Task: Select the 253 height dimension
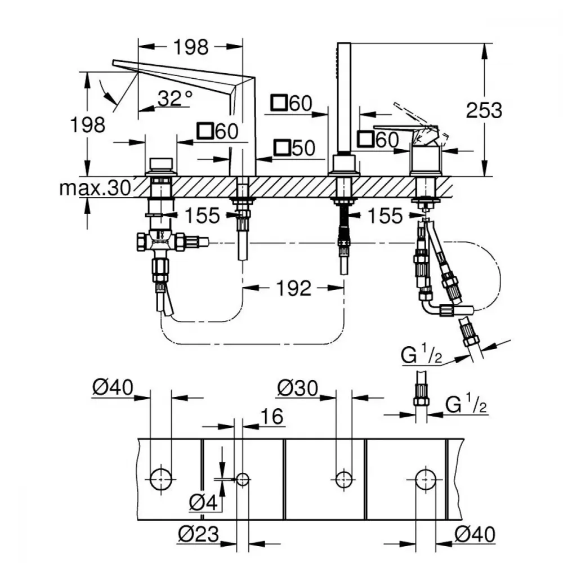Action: [484, 110]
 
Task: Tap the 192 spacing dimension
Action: [294, 288]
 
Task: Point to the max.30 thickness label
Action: [96, 188]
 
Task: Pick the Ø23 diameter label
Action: [199, 534]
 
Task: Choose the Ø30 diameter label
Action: [298, 388]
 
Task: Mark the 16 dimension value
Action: [272, 417]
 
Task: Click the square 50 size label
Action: [294, 148]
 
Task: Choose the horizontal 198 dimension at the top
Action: [191, 47]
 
